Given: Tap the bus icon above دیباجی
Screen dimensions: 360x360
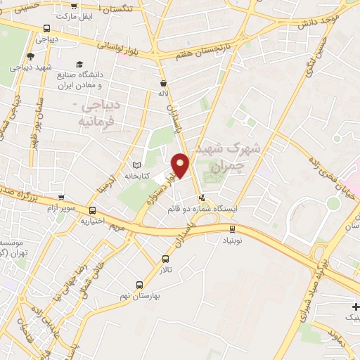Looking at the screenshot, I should click(x=46, y=29).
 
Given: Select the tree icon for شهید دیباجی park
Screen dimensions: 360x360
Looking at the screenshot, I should click(x=30, y=57).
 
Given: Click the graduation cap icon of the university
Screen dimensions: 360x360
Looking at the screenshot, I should click(x=79, y=64).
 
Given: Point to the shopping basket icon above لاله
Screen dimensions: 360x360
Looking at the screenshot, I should click(x=163, y=82).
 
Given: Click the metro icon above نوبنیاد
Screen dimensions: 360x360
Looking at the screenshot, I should click(x=233, y=229).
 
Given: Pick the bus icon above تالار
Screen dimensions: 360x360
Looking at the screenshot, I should click(x=166, y=258).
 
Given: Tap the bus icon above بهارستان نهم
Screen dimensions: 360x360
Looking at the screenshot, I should click(x=139, y=285).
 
